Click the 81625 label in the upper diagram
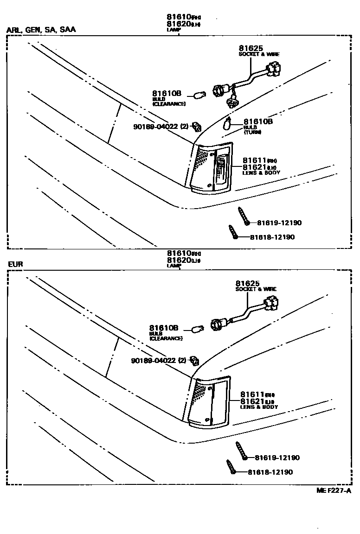click(x=251, y=48)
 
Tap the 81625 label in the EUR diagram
click(x=247, y=283)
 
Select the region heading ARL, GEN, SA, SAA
click(x=41, y=30)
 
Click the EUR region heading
click(x=15, y=264)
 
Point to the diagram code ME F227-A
click(x=334, y=490)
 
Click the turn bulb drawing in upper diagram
click(x=228, y=124)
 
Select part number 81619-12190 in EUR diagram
click(x=277, y=458)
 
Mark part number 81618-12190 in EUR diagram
click(x=270, y=472)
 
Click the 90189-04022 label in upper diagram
click(x=160, y=126)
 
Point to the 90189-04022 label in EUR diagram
click(x=158, y=361)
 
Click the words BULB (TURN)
click(x=252, y=129)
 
